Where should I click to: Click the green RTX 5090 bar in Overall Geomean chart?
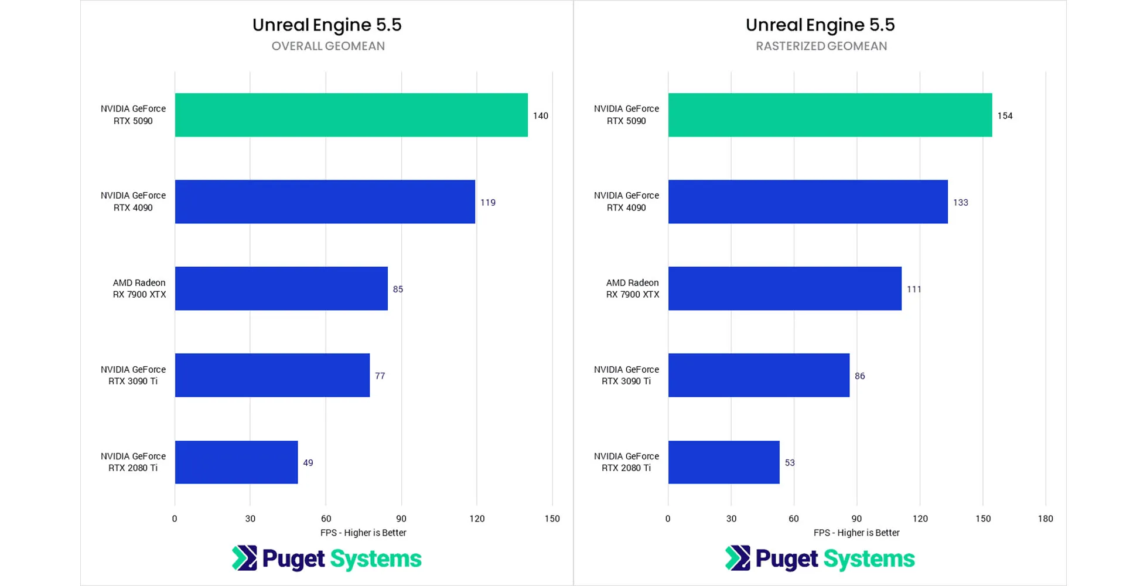tap(351, 115)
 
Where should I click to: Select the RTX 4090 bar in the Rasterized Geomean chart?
tap(807, 202)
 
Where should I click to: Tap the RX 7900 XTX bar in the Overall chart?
tap(281, 288)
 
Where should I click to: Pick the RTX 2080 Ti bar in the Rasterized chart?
tap(723, 462)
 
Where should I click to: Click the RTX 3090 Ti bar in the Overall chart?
tap(272, 375)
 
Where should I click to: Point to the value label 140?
tap(540, 116)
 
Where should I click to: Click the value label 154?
tap(1005, 116)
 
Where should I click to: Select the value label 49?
tap(308, 463)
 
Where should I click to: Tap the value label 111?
tap(914, 289)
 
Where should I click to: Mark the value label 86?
tap(859, 376)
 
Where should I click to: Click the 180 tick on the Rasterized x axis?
tap(1045, 519)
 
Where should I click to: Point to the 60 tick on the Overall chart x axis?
tap(326, 519)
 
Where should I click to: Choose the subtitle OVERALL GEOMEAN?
tap(328, 46)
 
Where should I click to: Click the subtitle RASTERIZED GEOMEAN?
tap(821, 46)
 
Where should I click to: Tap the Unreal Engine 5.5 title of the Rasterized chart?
tap(820, 25)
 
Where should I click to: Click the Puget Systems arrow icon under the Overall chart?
tap(244, 558)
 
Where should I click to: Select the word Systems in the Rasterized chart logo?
tap(869, 559)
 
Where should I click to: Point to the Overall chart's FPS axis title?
tap(363, 533)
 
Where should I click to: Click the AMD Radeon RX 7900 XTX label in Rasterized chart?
tap(632, 288)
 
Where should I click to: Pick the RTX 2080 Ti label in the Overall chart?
tap(133, 462)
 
